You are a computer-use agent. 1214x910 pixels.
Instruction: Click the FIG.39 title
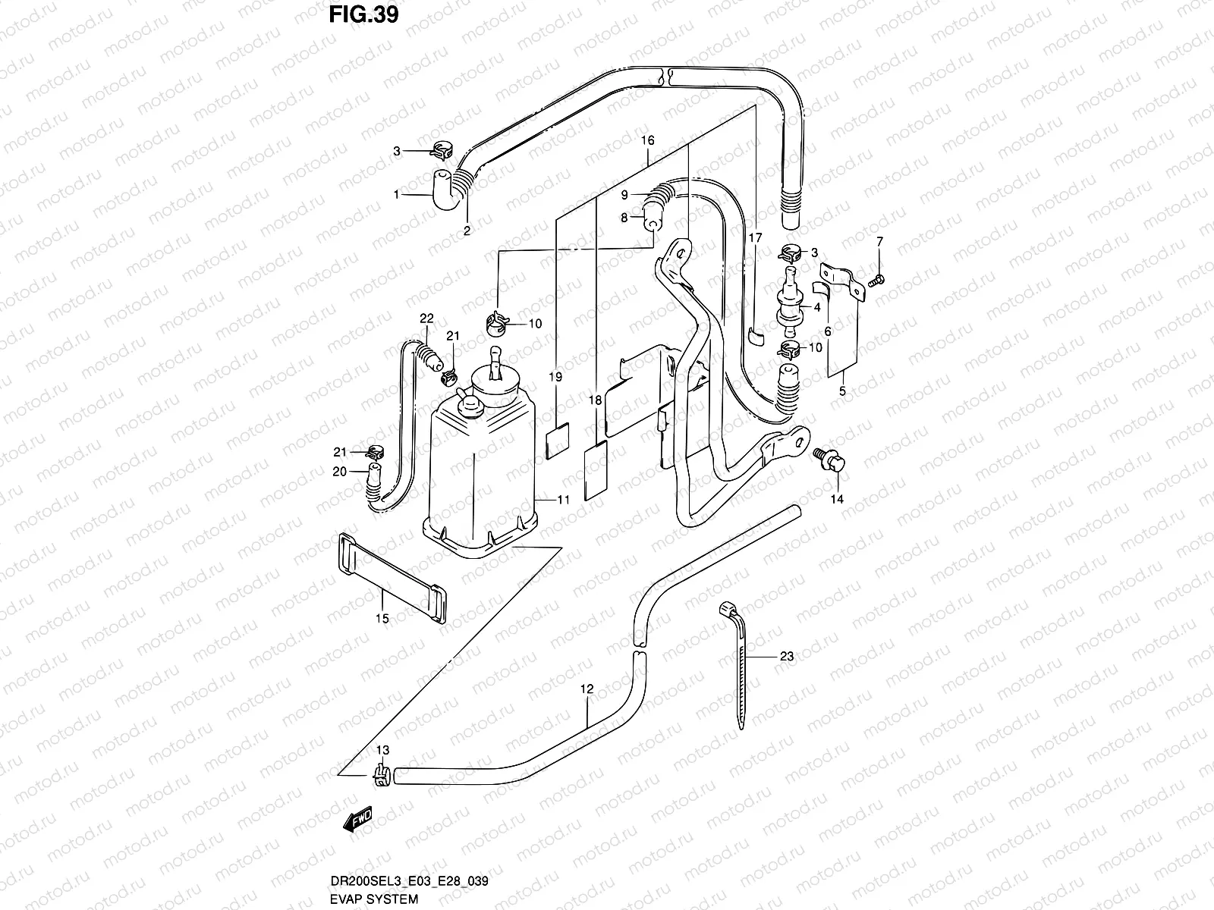pos(363,14)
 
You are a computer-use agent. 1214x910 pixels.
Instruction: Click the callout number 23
pos(786,656)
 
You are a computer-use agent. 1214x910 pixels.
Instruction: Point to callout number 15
pos(382,619)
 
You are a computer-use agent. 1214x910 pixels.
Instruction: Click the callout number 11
pos(563,500)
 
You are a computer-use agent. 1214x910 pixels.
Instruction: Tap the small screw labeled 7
pos(877,281)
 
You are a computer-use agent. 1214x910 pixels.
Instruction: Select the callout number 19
pos(555,377)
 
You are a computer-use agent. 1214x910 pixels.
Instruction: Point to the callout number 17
pos(755,238)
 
